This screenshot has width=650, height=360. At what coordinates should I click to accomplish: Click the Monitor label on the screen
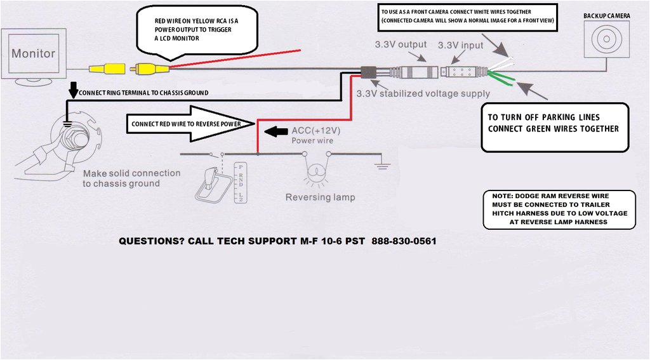point(34,54)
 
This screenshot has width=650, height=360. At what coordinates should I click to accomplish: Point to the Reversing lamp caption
point(320,197)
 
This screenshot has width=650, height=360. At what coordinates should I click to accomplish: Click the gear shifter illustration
point(212,184)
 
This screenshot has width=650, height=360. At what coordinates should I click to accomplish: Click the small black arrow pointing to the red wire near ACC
point(274,132)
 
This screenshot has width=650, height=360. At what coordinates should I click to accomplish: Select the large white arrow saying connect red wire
point(190,124)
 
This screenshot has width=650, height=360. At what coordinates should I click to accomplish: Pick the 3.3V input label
point(460,45)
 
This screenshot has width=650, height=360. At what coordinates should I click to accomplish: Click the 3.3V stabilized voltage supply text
point(423,93)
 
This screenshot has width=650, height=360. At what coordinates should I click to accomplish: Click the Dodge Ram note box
point(559,208)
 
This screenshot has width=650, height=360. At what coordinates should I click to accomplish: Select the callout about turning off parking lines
point(554,128)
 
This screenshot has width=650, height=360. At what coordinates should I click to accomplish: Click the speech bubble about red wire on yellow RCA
point(197,32)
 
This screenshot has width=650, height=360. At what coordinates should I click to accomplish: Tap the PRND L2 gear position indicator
point(239,182)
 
